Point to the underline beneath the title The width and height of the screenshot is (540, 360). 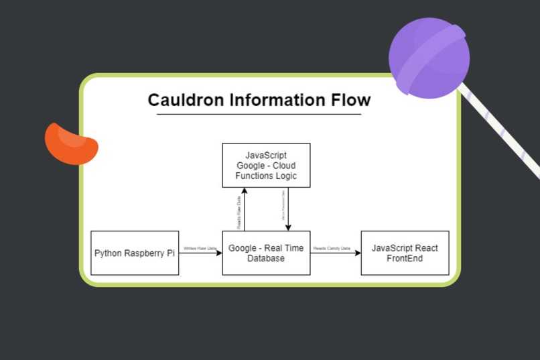tap(259, 115)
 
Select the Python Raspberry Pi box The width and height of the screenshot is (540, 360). tap(135, 253)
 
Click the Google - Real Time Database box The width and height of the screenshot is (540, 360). tap(266, 253)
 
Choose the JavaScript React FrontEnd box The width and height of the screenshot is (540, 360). tap(405, 253)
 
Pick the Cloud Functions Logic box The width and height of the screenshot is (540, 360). tap(266, 165)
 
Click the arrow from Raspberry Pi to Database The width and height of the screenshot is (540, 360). tap(201, 253)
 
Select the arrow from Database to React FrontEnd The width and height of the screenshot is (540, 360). tap(336, 253)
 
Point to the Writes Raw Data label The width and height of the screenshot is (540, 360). tap(200, 248)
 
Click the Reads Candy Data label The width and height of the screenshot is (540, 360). tap(332, 248)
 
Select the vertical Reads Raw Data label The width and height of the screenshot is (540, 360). tap(239, 209)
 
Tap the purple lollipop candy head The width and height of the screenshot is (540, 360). tap(429, 58)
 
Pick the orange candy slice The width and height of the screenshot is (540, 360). tap(70, 143)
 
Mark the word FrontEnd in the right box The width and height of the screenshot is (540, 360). tap(405, 258)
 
